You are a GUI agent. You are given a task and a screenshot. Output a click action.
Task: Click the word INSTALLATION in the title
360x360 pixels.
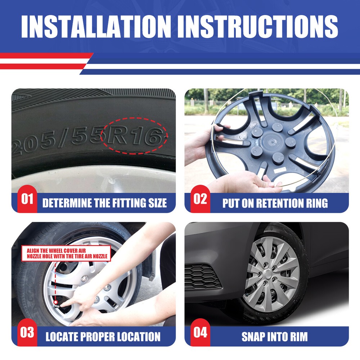[96, 27]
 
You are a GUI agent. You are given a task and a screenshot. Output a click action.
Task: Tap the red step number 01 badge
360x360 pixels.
[27, 199]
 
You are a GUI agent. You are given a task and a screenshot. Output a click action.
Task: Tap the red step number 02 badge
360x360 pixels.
[200, 199]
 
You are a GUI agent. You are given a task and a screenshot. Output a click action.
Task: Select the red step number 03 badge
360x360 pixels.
[27, 332]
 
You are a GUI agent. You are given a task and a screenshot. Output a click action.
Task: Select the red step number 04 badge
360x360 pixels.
[200, 332]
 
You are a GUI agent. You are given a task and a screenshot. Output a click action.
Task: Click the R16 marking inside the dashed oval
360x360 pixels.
[135, 136]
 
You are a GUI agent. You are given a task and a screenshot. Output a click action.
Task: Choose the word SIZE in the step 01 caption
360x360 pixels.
[158, 203]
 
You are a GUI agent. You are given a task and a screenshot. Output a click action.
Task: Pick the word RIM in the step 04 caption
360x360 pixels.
[298, 337]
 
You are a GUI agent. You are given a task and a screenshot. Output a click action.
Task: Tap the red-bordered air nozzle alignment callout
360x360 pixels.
[66, 253]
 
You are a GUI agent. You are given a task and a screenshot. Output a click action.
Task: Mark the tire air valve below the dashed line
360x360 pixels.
[56, 304]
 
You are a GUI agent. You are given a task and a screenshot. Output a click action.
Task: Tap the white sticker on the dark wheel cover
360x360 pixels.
[280, 170]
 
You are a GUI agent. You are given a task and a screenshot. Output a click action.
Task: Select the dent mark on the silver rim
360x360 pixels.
[112, 181]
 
